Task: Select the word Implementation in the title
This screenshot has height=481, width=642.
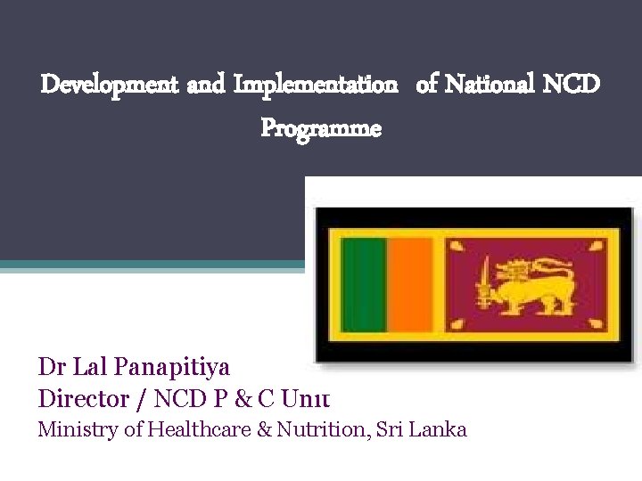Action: pos(316,86)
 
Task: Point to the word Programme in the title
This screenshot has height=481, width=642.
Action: pos(321,129)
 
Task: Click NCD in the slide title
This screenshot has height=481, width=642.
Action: pos(571,86)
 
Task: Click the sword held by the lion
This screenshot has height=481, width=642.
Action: pos(483,281)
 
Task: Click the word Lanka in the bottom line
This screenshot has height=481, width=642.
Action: pos(439,429)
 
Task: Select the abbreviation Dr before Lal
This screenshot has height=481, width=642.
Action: pos(51,367)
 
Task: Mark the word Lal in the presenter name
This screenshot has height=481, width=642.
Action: pos(89,367)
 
